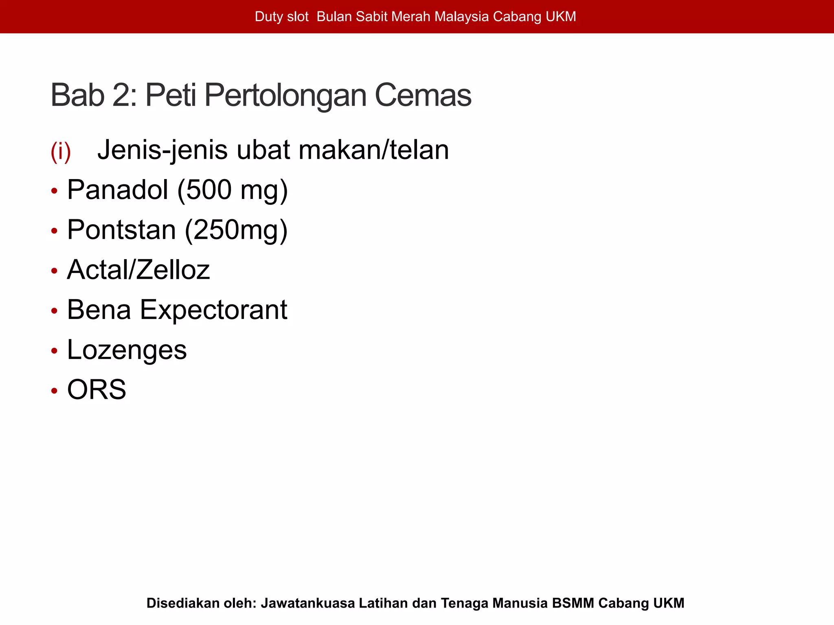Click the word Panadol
click(117, 190)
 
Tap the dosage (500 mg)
click(233, 190)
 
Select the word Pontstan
click(121, 229)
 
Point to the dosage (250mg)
click(236, 230)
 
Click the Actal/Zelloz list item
click(138, 269)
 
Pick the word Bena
click(99, 310)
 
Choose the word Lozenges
click(127, 350)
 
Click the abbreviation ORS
click(97, 389)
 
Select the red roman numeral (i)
click(61, 151)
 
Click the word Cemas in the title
click(423, 95)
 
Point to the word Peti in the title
click(171, 95)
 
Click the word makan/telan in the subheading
click(373, 150)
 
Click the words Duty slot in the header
click(281, 17)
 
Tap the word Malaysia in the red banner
click(461, 17)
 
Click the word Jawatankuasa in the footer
click(307, 603)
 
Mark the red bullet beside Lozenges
click(54, 351)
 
